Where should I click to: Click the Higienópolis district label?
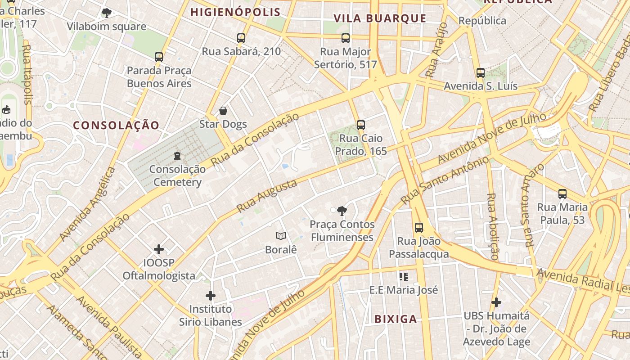tap(235, 12)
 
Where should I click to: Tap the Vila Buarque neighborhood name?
tap(380, 18)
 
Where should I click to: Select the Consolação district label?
tap(116, 126)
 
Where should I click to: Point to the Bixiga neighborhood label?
tap(396, 319)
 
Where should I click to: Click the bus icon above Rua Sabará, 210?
tap(241, 38)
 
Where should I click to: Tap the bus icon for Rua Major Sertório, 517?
tap(346, 38)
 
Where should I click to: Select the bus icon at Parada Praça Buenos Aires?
tap(159, 57)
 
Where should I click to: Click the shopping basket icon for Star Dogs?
tap(223, 111)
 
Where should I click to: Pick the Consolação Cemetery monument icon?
tap(177, 156)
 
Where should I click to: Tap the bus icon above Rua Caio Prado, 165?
tap(360, 125)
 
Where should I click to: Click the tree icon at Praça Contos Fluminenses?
tap(342, 211)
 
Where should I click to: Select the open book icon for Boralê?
tap(281, 236)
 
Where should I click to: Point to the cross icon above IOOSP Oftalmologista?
tap(159, 249)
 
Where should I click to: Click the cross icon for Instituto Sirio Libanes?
tap(210, 296)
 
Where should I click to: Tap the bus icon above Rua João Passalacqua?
tap(419, 228)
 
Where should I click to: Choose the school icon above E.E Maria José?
tap(404, 276)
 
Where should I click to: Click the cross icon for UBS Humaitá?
tap(496, 302)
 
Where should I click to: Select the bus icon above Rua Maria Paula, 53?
tap(562, 194)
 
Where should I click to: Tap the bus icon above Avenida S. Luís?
tap(481, 72)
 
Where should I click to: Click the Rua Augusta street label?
tap(267, 196)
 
